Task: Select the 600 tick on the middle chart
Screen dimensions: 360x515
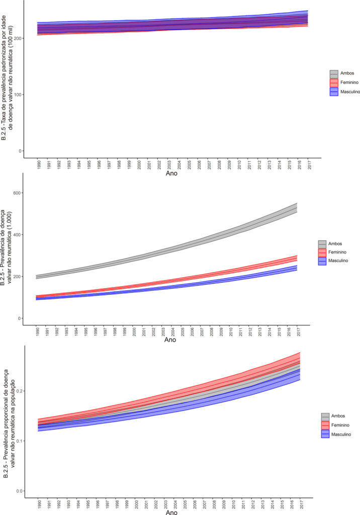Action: (17, 193)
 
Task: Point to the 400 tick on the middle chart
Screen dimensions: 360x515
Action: (17, 235)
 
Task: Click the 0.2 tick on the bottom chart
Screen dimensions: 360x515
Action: (20, 391)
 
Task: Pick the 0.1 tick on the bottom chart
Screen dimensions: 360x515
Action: (20, 441)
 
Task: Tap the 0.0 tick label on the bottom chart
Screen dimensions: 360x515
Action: (20, 491)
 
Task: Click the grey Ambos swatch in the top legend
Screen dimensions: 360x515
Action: (334, 73)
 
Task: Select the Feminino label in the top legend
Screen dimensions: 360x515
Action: (349, 82)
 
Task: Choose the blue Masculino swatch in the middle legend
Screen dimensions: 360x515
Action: (322, 261)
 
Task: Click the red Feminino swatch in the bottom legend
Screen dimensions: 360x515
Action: (325, 425)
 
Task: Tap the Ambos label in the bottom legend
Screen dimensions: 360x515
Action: (338, 416)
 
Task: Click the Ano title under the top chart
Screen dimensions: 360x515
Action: (171, 173)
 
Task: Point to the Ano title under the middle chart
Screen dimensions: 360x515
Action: (170, 339)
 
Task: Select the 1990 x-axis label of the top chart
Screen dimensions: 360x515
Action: (39, 164)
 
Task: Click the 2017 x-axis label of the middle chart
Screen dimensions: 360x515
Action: (298, 332)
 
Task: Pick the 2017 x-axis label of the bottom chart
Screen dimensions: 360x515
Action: (301, 504)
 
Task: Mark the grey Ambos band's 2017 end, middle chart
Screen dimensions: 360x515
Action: (297, 208)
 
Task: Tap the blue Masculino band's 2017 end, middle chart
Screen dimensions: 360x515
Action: (297, 268)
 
